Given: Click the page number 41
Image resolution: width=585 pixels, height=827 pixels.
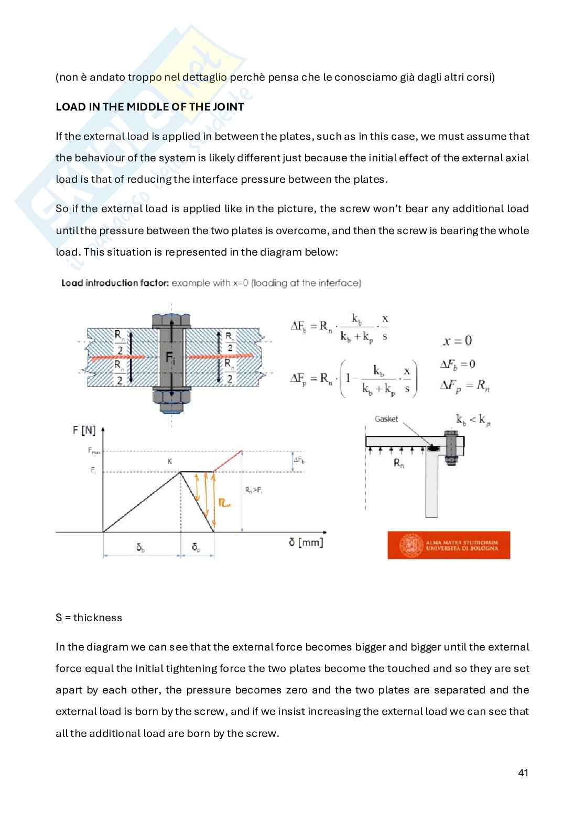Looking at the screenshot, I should (x=523, y=773).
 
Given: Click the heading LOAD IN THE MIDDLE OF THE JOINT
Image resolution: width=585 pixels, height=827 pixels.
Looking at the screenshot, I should (x=149, y=107).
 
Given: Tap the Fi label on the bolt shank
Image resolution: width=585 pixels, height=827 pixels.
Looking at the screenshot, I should (x=170, y=358).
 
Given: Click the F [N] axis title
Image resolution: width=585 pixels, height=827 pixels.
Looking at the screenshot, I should (x=84, y=430).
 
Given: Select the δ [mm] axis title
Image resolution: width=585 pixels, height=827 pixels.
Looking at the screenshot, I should (x=306, y=542).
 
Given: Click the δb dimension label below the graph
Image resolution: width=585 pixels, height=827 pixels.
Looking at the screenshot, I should (x=140, y=548).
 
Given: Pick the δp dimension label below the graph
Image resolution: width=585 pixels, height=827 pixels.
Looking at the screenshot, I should (x=196, y=548).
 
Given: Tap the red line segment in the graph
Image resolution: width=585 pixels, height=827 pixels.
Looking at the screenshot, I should (x=228, y=461).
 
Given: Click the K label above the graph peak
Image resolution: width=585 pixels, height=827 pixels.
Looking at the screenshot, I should (x=169, y=461).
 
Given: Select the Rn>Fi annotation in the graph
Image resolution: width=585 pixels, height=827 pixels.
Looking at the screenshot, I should (x=253, y=490).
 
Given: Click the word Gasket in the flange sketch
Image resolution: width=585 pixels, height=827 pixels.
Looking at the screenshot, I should (x=386, y=419).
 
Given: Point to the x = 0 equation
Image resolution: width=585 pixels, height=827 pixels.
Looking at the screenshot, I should (x=457, y=341).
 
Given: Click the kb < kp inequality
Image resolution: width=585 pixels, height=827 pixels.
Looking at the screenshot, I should (x=472, y=420).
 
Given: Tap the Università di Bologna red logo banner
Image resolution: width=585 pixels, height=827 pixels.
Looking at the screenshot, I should (x=448, y=545).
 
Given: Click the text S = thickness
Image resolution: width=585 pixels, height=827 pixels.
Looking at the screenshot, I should (x=89, y=618).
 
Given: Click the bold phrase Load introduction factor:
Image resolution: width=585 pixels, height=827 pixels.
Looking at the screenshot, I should (x=115, y=283).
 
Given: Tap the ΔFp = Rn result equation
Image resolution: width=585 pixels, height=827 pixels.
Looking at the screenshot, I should (x=465, y=385).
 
